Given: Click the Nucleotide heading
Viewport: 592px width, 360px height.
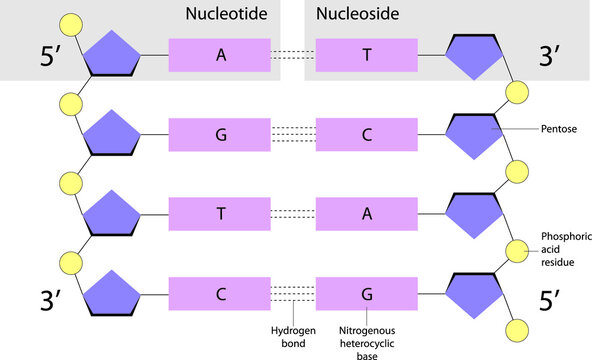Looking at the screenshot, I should point(222,14).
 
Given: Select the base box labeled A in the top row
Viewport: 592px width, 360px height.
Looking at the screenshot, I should point(220,55).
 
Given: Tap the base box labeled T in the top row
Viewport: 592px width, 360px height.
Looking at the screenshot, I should point(366,55).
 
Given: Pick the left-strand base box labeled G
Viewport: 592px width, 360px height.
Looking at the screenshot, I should point(220,133).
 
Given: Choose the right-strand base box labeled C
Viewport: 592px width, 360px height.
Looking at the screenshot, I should point(366,133).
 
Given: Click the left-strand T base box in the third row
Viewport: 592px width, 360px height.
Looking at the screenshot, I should point(220,213).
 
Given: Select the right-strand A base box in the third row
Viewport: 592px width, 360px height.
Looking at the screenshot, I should point(366,213).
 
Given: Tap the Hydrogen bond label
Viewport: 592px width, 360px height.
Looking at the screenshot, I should point(290,336).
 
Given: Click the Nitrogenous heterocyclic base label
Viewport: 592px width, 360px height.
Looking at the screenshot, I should point(370,336).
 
